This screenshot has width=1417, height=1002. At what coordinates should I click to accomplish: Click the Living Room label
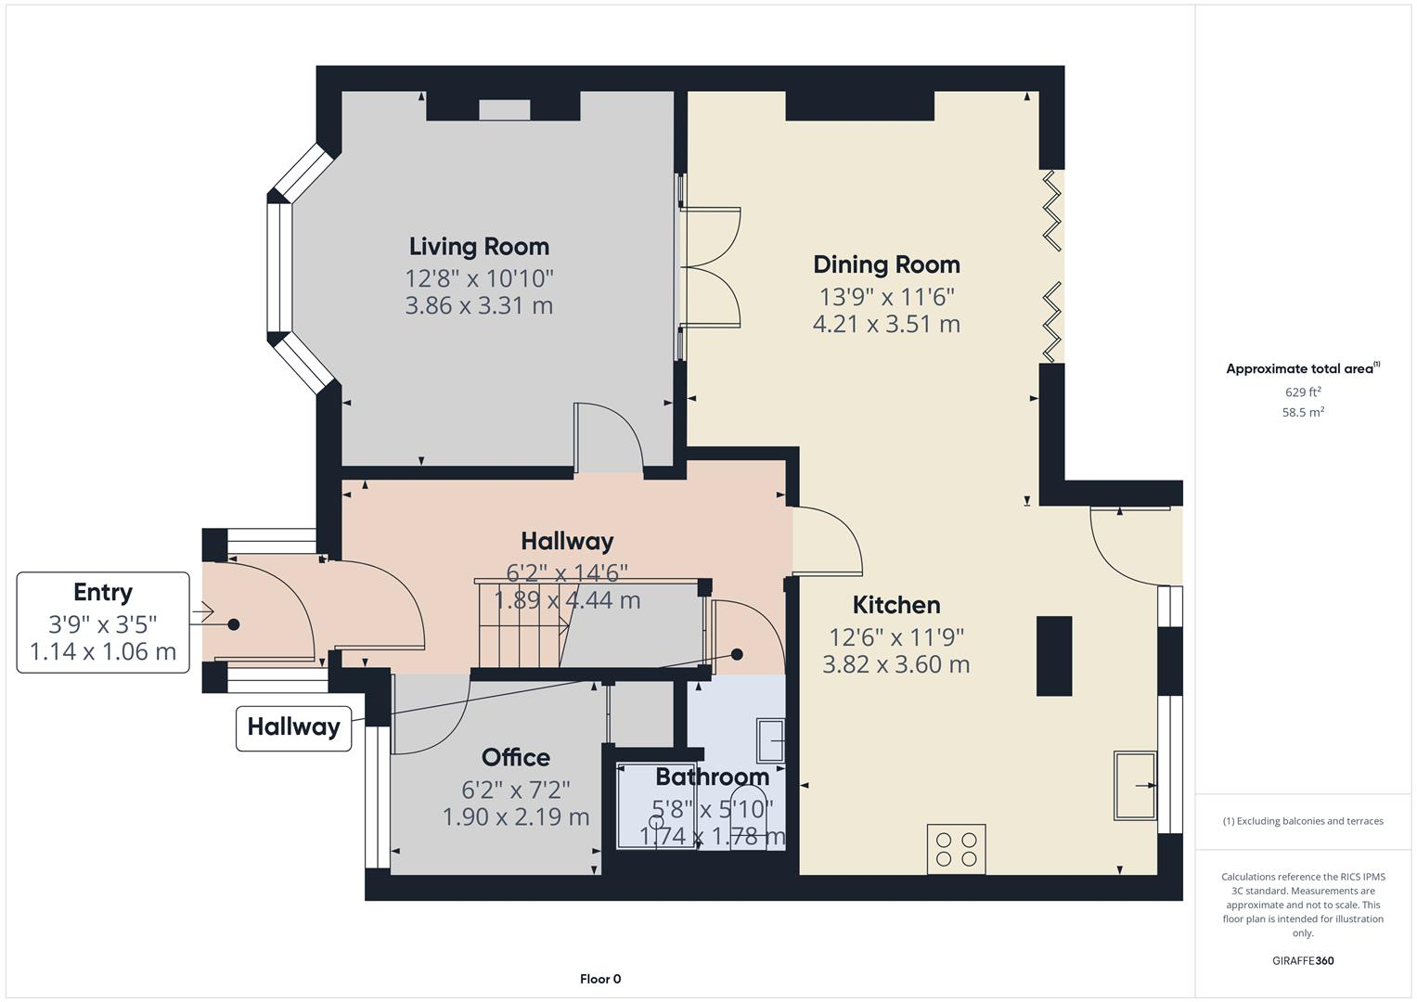point(479,247)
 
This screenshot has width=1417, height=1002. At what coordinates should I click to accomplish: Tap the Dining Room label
point(886,265)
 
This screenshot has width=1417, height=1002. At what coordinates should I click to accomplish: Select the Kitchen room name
point(896,606)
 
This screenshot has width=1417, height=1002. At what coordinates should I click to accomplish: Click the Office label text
point(516,758)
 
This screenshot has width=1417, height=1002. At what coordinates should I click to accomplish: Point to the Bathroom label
point(712,777)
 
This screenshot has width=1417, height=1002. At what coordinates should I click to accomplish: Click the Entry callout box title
point(103,592)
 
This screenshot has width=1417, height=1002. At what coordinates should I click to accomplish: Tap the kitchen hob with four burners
point(956,849)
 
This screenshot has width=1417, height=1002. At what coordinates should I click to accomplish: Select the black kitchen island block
point(1054,656)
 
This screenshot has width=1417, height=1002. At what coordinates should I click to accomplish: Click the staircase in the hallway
point(520,623)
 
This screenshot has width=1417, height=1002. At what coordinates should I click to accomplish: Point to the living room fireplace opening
point(504,109)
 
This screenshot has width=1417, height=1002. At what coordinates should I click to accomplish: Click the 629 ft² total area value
point(1303,392)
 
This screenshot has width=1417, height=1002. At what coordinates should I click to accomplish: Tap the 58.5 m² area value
point(1303,413)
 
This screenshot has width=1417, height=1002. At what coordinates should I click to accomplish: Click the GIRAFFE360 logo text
point(1303,960)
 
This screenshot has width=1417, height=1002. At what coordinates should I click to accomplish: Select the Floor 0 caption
point(600,979)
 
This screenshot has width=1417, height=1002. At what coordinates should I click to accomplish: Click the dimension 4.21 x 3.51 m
point(886,325)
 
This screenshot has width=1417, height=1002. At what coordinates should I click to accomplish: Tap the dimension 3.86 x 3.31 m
point(479,306)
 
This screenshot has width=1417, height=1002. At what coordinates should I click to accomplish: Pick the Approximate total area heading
point(1301,369)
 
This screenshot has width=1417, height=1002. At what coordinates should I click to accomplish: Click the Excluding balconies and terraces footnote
point(1303,821)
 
